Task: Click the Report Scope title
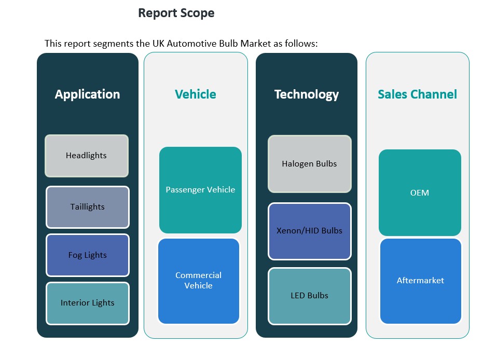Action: [x=176, y=13]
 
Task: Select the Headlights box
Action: [x=86, y=156]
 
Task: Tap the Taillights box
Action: [x=87, y=207]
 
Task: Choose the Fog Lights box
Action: [x=87, y=255]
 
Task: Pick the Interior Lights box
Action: [x=87, y=303]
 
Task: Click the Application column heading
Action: [x=87, y=94]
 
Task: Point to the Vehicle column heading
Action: [x=195, y=94]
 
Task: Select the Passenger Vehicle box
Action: [x=200, y=190]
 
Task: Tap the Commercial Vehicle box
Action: [x=198, y=281]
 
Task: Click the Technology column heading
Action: [x=306, y=94]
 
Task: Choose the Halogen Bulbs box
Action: [x=309, y=164]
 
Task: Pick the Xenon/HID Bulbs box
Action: [x=309, y=230]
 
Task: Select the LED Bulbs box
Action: [x=309, y=296]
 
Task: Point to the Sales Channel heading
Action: [x=417, y=94]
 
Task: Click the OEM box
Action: [x=419, y=193]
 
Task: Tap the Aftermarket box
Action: [x=420, y=281]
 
